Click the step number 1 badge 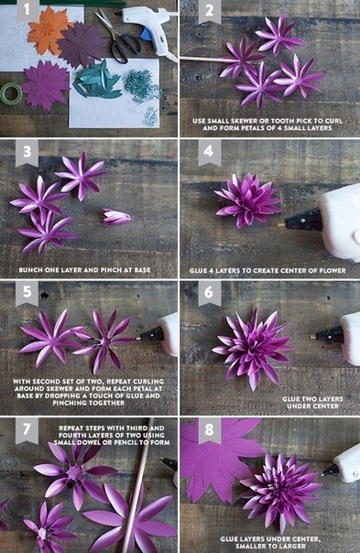click(27, 11)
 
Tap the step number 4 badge click(209, 152)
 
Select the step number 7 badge click(27, 430)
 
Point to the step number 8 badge click(209, 430)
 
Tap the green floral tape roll click(11, 93)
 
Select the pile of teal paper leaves click(96, 81)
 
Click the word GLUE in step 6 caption click(290, 399)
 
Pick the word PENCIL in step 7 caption click(126, 442)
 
